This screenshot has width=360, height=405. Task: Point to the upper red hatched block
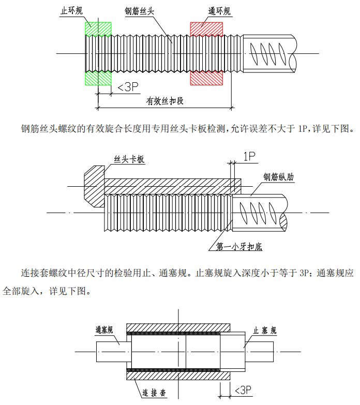pos(206,29)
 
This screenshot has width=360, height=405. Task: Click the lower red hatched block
pos(206,78)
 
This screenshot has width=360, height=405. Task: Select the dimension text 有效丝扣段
pos(165,101)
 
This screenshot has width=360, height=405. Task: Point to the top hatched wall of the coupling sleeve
pos(178,328)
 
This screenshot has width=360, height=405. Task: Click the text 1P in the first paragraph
pos(303,128)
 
